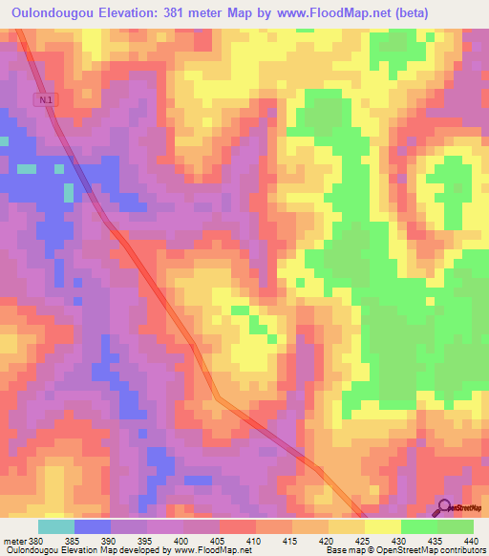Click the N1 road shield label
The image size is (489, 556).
tap(47, 98)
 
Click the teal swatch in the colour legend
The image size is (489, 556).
tap(56, 526)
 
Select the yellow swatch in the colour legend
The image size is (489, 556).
tap(382, 526)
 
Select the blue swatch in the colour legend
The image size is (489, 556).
tap(93, 526)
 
